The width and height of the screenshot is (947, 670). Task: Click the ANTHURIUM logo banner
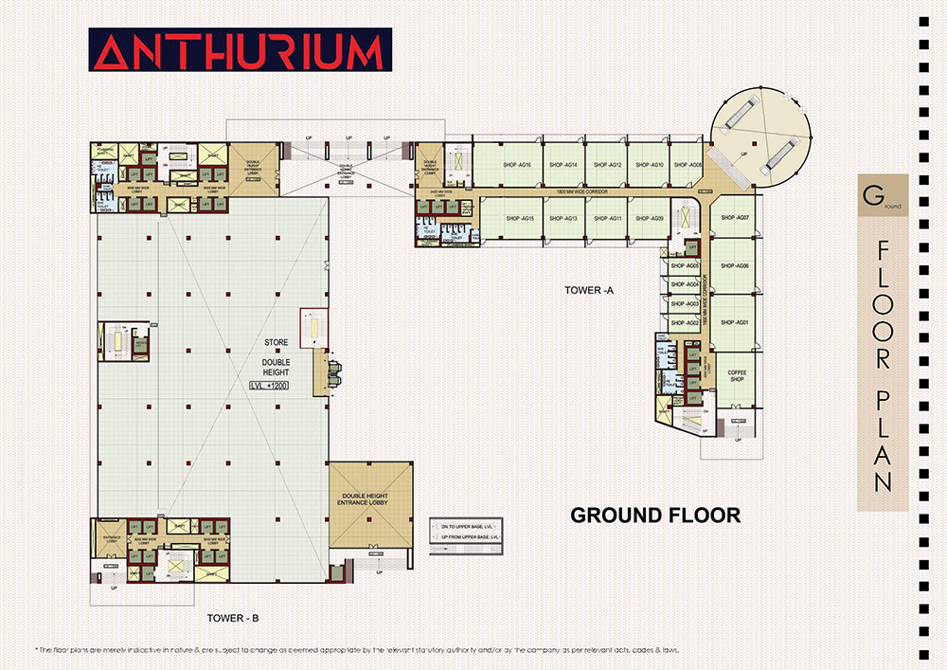tap(237, 51)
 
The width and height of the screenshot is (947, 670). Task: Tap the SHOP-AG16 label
tap(518, 165)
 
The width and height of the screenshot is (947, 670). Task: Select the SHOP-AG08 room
tap(688, 165)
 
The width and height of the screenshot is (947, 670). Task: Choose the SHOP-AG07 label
tap(735, 218)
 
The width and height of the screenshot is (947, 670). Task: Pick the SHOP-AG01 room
tap(735, 323)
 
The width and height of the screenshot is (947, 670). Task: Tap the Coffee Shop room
tap(737, 377)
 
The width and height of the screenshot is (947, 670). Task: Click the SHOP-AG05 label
tap(685, 266)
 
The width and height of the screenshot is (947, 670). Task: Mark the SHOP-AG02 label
tap(685, 323)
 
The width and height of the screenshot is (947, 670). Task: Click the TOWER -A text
tap(588, 290)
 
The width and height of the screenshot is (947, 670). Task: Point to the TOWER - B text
tap(233, 618)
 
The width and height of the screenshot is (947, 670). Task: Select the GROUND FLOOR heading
tap(654, 516)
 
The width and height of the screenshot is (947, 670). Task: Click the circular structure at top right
tap(761, 136)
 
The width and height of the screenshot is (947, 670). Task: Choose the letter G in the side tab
tap(868, 198)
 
